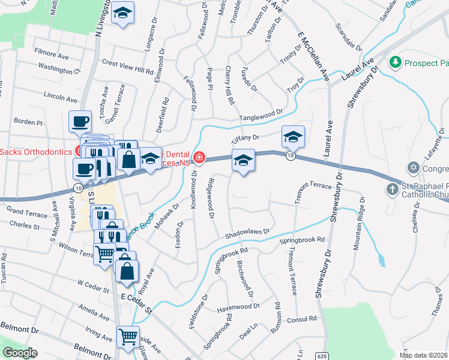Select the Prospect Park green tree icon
point(395,61)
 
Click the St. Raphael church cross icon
point(391,190)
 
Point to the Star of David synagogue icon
point(413,166)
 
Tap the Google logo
point(20,353)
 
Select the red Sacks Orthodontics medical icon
point(79,150)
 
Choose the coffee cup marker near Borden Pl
point(80,122)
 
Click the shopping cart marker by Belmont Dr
point(128,337)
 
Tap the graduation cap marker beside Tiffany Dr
point(292,137)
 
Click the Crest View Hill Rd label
point(128,66)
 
